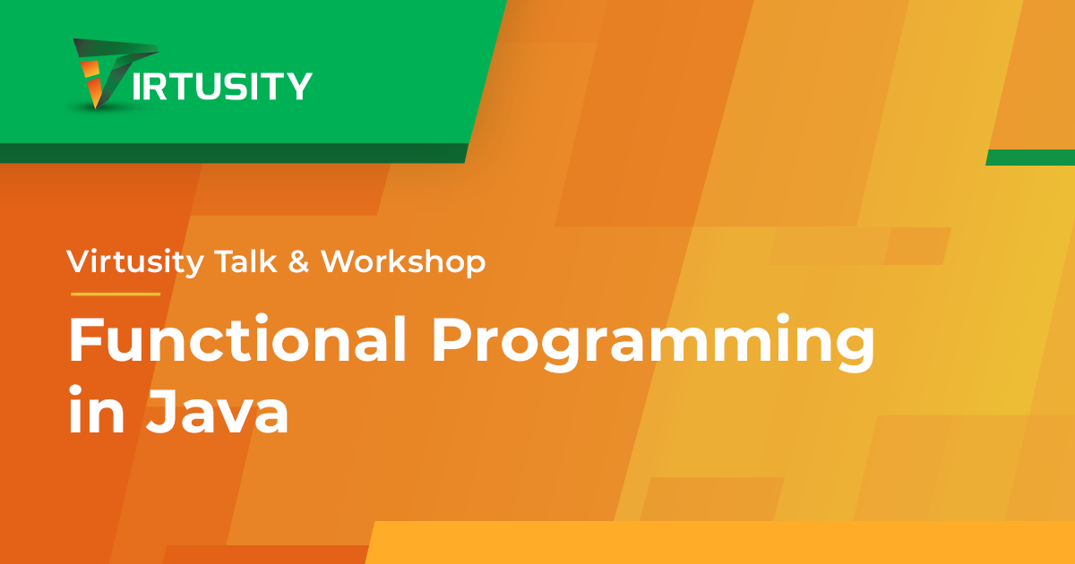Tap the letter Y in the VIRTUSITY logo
[x=300, y=86]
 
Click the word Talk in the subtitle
[x=246, y=261]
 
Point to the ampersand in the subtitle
[x=298, y=262]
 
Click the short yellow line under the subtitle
[x=116, y=294]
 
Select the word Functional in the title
[x=237, y=339]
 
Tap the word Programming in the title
[x=654, y=343]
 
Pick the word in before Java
[x=97, y=409]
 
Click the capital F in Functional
[x=87, y=339]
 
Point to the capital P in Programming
[x=451, y=339]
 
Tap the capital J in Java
[x=162, y=412]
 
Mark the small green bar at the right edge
[x=1031, y=158]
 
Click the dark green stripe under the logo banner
[x=233, y=153]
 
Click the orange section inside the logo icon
[x=92, y=82]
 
